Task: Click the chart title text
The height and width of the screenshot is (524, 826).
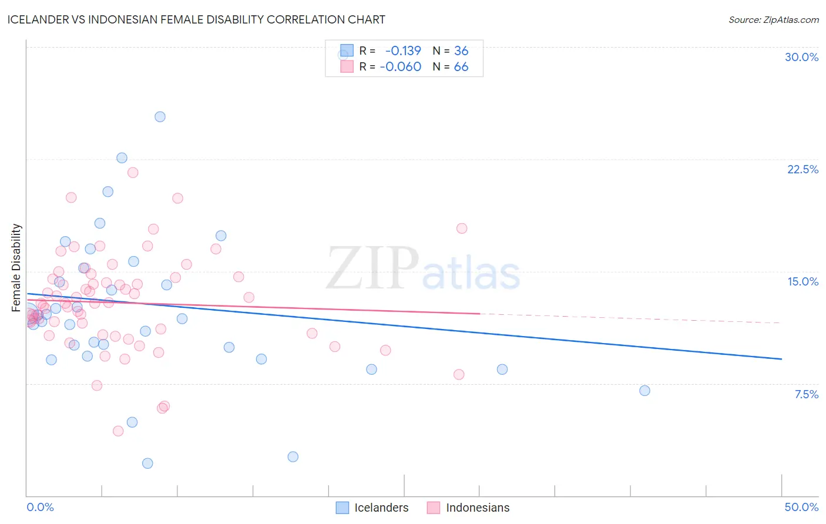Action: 196,19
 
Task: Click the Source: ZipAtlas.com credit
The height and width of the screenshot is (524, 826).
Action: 773,20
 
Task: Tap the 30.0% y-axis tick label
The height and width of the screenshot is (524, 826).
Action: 801,57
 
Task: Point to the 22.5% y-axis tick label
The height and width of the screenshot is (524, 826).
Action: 803,169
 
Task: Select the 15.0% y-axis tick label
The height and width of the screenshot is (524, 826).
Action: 803,281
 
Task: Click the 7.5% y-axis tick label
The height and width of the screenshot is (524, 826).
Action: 806,394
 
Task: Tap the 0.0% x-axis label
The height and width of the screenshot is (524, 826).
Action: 40,507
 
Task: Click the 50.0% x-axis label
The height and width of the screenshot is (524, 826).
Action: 801,507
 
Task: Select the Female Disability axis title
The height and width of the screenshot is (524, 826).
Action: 16,267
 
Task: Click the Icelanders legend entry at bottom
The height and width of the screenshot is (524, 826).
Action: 372,508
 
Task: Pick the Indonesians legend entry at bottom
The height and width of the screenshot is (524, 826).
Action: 469,508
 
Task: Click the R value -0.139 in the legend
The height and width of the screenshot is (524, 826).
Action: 403,51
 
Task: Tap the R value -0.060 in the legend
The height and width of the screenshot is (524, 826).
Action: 400,67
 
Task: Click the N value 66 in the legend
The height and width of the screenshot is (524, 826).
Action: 461,67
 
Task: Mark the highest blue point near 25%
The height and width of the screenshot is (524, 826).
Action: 160,117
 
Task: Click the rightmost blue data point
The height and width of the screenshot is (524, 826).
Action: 644,391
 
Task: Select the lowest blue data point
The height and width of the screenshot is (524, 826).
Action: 147,463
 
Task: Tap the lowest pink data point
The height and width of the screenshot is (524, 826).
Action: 118,431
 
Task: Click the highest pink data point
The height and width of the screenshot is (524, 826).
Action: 133,173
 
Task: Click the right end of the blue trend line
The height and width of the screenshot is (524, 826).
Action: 781,359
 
